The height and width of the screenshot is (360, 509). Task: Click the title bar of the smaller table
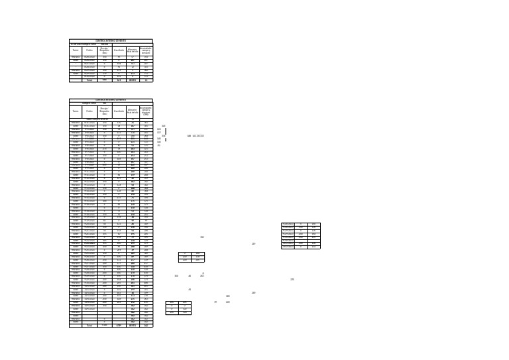(111, 40)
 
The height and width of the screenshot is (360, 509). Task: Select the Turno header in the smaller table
(76, 50)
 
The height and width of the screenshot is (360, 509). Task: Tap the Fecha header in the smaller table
(89, 50)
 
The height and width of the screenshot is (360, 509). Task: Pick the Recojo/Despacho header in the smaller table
(104, 50)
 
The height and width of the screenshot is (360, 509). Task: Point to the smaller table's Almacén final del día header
(133, 50)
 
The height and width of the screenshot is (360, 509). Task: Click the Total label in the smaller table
(89, 80)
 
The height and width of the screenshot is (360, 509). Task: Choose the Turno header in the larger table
(76, 111)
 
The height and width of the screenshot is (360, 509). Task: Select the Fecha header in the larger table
(89, 111)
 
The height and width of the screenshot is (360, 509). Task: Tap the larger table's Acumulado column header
(146, 110)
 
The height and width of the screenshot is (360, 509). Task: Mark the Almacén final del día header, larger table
(133, 111)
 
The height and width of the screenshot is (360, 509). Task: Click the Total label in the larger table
(89, 326)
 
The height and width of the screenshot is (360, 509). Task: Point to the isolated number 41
(190, 289)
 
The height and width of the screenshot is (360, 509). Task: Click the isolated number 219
(254, 244)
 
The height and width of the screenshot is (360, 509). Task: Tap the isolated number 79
(215, 302)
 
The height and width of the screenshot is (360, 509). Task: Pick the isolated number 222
(228, 302)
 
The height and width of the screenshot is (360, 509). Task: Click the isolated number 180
(228, 296)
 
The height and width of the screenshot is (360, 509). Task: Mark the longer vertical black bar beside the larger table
(165, 131)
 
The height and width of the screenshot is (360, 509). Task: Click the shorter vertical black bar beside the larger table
(165, 140)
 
